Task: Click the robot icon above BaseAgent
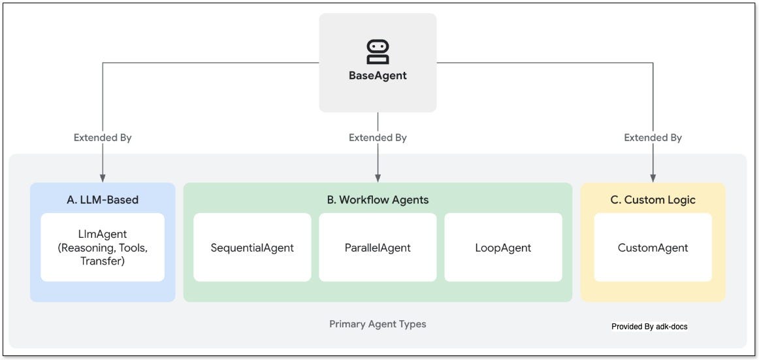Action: tap(378, 51)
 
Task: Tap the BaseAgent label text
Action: tap(378, 76)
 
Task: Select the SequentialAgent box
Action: tap(252, 248)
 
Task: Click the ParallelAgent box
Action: tap(378, 248)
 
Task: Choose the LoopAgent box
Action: tap(503, 248)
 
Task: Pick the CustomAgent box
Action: tap(653, 248)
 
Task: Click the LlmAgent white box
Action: tap(103, 247)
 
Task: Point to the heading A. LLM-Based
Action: tap(103, 200)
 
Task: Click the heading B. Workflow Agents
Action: tap(378, 200)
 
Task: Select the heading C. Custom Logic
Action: tap(653, 200)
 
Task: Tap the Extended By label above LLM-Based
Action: tap(103, 138)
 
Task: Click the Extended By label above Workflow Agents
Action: tap(378, 138)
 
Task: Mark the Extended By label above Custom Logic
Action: tap(653, 138)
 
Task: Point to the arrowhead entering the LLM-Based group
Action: tap(103, 178)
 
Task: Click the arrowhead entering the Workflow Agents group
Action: tap(378, 178)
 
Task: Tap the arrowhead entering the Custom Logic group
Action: tap(653, 178)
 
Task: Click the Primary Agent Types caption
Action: tap(378, 324)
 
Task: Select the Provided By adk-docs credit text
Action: tap(649, 326)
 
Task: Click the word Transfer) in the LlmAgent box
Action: tap(103, 261)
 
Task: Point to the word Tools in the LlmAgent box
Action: tap(135, 248)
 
